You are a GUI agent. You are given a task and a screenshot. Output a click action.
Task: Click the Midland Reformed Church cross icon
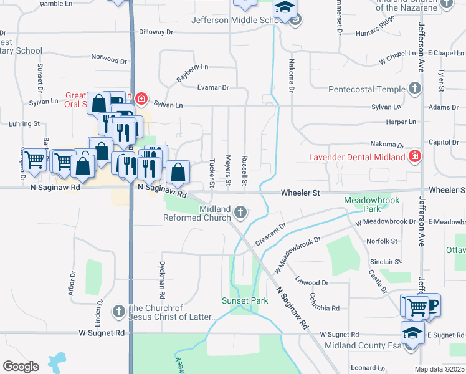point(239,214)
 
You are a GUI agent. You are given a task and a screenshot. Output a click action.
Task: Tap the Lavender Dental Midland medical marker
point(414,156)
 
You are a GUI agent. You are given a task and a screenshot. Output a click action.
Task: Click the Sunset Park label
point(245,300)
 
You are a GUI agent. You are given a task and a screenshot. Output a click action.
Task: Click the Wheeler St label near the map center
point(300,193)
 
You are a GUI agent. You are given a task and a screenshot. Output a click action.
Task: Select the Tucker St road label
point(212,172)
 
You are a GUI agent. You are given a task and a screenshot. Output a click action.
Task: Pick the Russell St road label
point(245,171)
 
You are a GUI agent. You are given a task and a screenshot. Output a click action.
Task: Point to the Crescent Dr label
point(270,234)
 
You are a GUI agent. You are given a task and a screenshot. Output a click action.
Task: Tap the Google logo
point(21,366)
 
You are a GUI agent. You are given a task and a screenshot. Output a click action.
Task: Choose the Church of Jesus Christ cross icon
point(119,310)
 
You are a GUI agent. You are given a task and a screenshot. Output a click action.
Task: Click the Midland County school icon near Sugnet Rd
point(412,332)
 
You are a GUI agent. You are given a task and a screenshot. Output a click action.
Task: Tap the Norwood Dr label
point(109,60)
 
